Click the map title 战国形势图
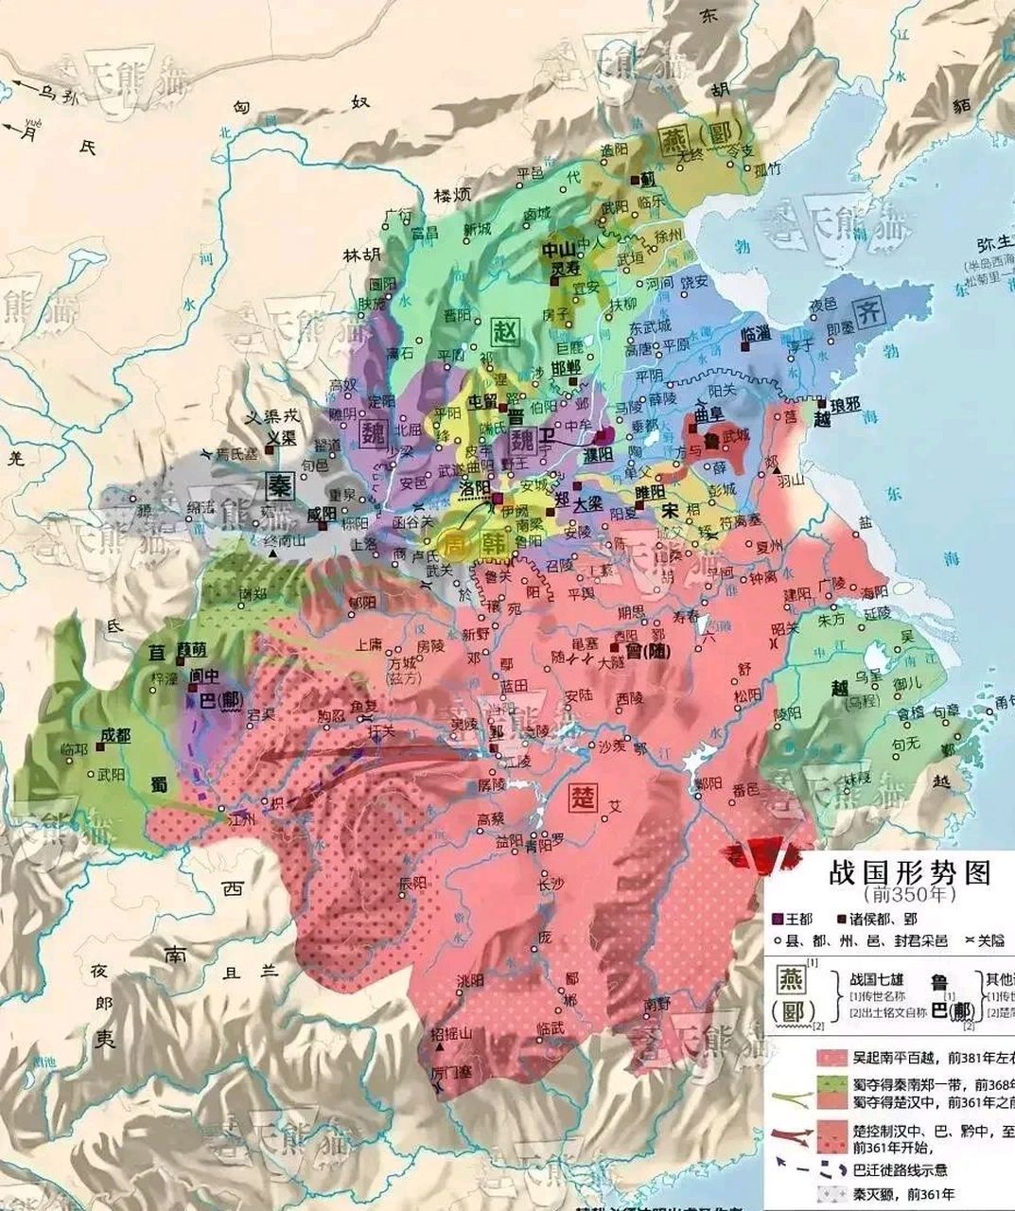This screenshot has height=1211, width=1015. (909, 871)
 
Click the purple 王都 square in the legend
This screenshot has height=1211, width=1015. (778, 919)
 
